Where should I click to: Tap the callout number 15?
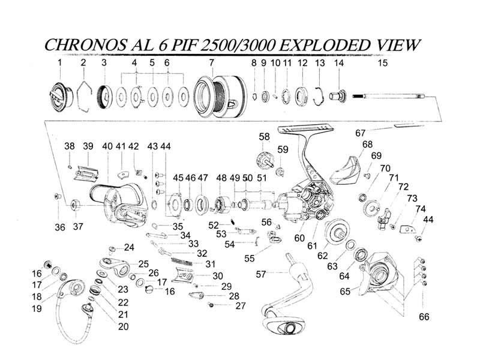coord(383,62)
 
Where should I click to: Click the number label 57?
coord(261,274)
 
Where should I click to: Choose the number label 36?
coord(59,227)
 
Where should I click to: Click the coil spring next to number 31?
coord(183,262)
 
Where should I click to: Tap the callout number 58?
coord(264,137)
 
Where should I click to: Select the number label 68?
coord(368,144)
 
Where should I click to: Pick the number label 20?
coord(123,326)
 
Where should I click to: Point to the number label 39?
coord(88,146)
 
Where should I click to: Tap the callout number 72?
coord(403,187)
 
